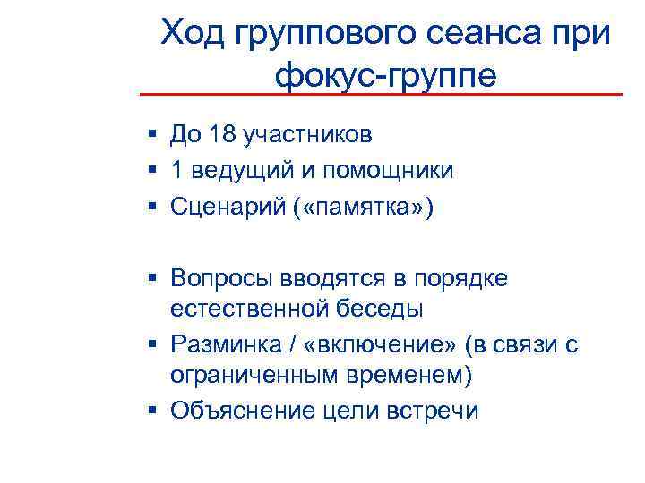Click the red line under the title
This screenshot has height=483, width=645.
pos(381,94)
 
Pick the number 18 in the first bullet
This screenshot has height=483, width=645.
pos(219,135)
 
